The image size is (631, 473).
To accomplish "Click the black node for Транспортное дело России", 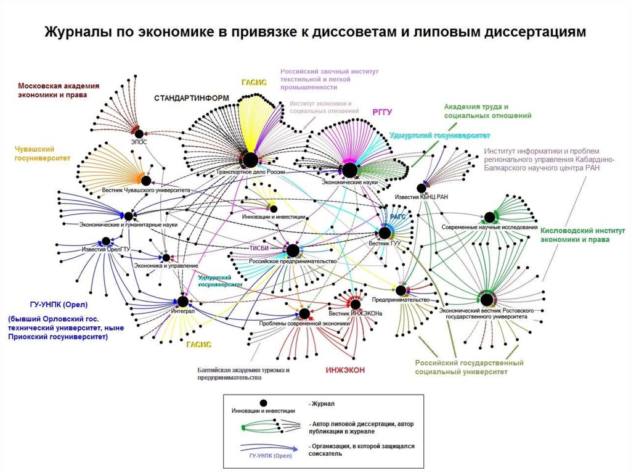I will (250, 160).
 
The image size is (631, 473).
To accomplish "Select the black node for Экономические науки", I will (349, 170).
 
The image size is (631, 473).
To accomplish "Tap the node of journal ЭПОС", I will (139, 133).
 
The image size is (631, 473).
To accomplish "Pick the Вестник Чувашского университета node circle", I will (146, 181).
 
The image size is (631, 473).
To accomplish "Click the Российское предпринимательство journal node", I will (293, 250).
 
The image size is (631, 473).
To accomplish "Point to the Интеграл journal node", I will (182, 301).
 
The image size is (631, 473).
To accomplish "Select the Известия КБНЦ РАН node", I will (421, 188).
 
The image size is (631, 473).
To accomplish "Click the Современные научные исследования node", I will (490, 217).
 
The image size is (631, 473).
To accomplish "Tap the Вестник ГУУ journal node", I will (385, 232).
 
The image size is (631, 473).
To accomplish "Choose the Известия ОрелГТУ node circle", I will (106, 241).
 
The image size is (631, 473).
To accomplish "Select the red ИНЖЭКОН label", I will (345, 370).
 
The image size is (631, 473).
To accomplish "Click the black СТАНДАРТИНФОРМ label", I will (191, 98).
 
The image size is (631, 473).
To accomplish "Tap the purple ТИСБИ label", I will (258, 249).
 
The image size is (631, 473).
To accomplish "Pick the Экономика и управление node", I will (165, 257).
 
